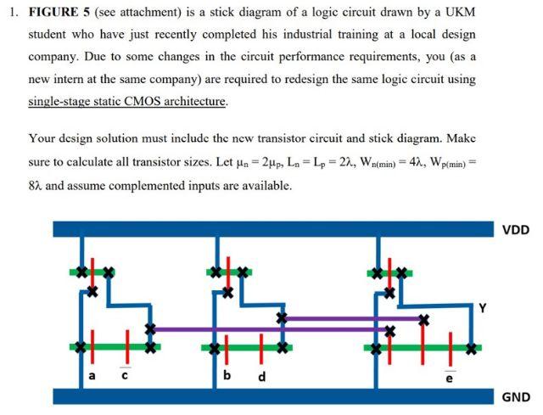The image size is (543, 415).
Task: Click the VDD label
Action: coord(515,229)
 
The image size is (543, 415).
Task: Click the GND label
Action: coord(516,396)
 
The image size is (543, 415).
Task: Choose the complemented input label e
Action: coord(450,377)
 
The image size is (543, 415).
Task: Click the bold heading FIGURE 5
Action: coord(64,14)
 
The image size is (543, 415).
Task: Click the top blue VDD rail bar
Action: coord(271,229)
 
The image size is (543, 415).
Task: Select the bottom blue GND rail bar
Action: coord(271,396)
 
